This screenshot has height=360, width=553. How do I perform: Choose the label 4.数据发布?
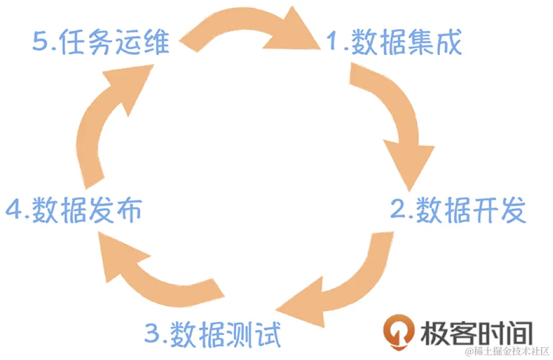(x=74, y=211)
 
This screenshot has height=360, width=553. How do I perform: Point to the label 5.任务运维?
(x=101, y=42)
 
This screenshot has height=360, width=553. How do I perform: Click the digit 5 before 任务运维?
(x=40, y=42)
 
